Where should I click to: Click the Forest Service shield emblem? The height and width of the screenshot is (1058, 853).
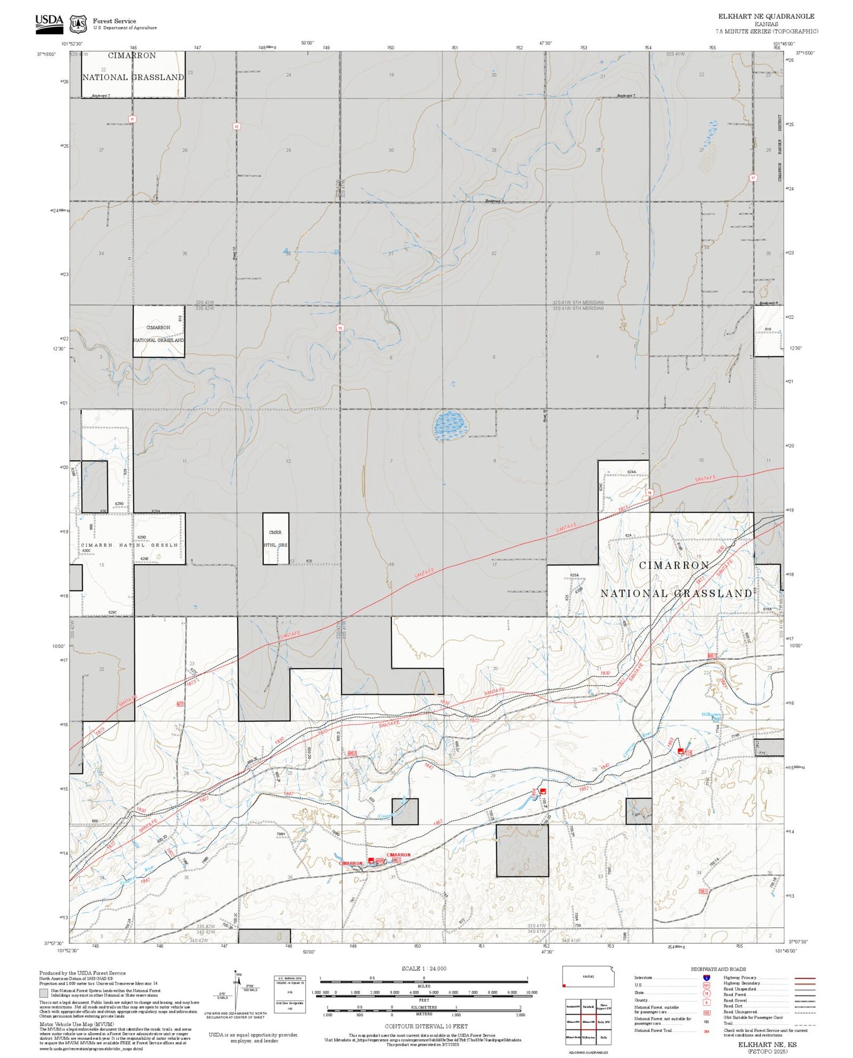78,24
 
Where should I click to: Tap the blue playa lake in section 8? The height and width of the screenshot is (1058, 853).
450,425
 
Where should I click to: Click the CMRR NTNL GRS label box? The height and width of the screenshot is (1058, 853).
275,539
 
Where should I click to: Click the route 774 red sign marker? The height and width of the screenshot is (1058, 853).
688,753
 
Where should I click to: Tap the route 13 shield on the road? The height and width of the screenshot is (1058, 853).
340,328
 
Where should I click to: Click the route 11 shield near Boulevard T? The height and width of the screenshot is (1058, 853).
132,119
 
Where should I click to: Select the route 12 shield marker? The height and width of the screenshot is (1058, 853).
237,126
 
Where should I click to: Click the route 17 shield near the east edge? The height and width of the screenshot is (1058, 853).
753,178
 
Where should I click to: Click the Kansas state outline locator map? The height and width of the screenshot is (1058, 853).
588,977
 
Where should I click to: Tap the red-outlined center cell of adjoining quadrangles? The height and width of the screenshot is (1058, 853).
588,1021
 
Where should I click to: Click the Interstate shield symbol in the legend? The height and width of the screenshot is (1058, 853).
706,978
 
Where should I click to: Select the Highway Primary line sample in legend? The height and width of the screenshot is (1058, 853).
802,978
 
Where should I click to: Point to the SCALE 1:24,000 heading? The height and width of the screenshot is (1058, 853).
424,968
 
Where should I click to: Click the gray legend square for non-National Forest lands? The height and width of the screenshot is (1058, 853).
43,993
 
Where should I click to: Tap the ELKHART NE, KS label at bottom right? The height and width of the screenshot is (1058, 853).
767,1044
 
